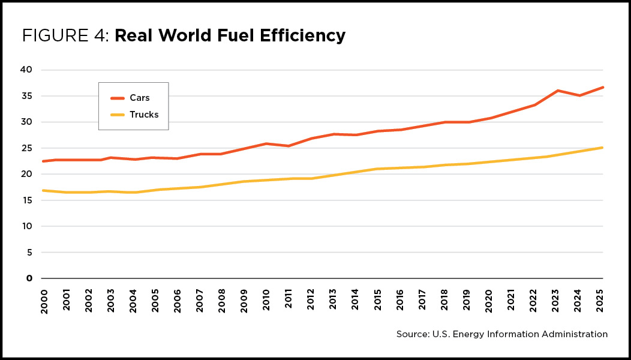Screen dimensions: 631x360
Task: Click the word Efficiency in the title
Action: (303, 36)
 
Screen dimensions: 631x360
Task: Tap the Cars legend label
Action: (140, 98)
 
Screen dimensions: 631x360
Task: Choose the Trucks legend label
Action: (144, 115)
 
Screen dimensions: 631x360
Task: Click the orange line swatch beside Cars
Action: (118, 98)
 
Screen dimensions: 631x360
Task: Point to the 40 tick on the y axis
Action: (26, 70)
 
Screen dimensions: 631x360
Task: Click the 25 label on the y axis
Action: (26, 148)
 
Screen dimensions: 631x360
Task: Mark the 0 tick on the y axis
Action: (29, 278)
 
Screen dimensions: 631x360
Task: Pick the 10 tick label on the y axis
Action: (26, 226)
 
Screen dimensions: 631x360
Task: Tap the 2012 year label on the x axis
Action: (311, 299)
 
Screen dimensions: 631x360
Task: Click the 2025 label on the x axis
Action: (599, 299)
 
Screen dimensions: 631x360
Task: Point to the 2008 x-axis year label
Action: (222, 299)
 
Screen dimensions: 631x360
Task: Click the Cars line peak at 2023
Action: (558, 91)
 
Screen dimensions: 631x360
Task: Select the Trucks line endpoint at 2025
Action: (602, 148)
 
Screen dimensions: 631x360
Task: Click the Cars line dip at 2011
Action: (289, 146)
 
